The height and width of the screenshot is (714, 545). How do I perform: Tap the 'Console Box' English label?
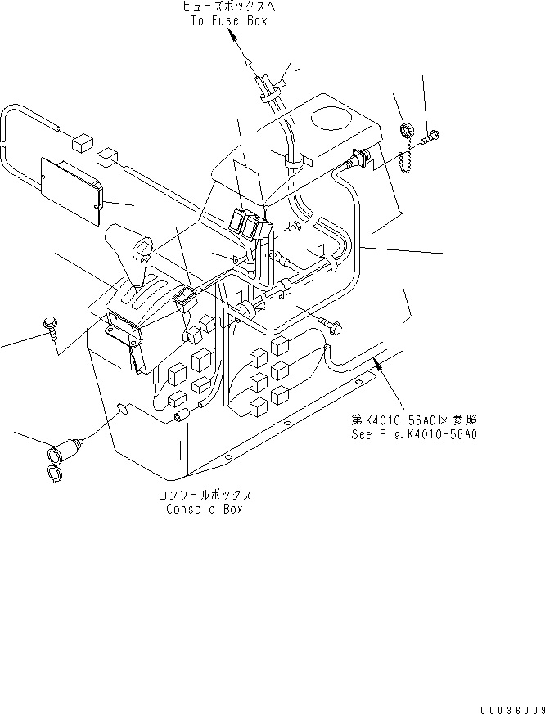pyautogui.click(x=204, y=509)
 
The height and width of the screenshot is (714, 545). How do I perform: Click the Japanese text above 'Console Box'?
pyautogui.click(x=205, y=496)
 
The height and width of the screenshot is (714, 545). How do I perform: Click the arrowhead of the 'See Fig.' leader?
pyautogui.click(x=377, y=361)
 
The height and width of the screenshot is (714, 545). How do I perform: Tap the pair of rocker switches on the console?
pyautogui.click(x=251, y=222)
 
